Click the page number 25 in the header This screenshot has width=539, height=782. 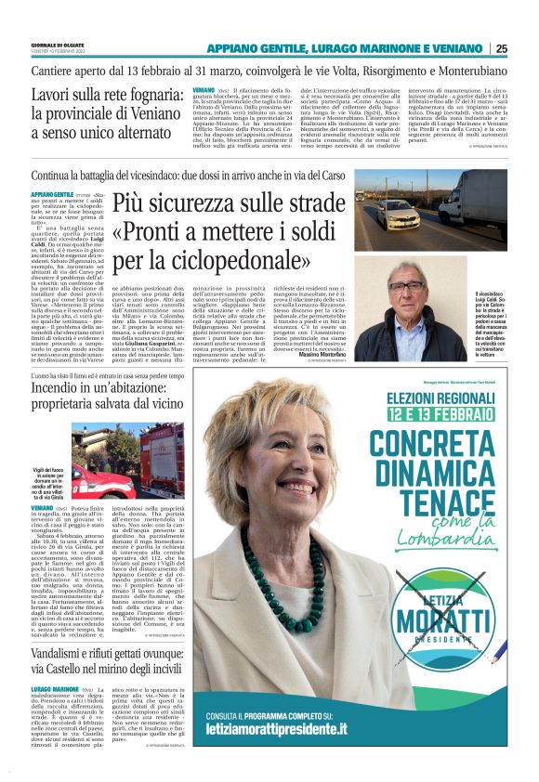[527, 48]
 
